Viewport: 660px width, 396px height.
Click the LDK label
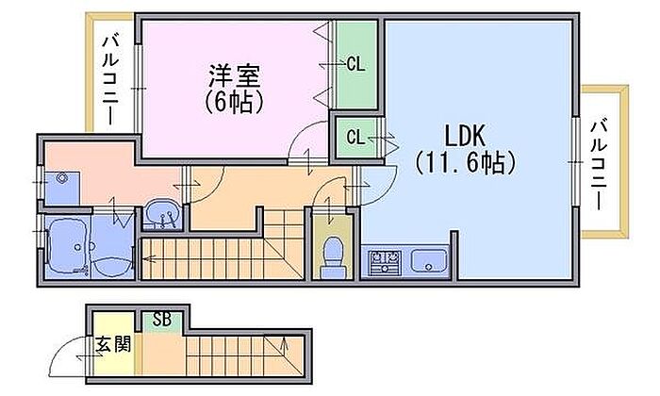[465, 132]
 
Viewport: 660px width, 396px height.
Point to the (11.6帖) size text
[465, 161]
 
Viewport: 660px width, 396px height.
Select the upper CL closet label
[356, 64]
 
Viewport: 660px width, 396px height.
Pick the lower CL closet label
[355, 138]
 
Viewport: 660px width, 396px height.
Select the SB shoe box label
[161, 319]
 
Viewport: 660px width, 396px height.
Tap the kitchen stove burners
[384, 260]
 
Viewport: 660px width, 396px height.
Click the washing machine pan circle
[64, 179]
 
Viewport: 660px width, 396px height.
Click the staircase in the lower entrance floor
[240, 354]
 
